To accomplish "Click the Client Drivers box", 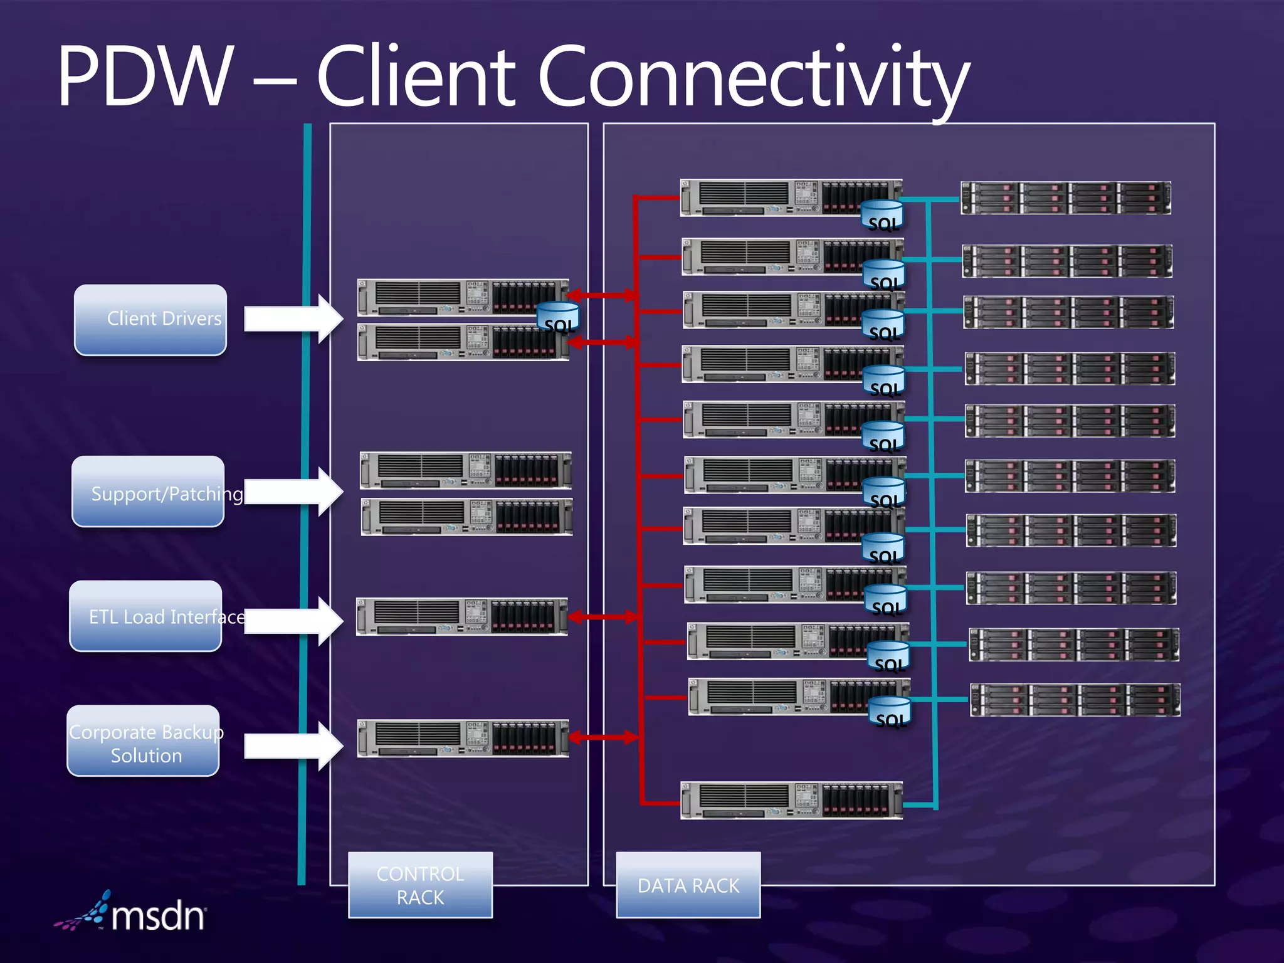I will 150,320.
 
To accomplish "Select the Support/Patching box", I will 149,492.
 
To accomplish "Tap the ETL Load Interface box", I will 146,616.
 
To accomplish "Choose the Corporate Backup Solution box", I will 144,741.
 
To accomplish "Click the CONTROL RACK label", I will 420,885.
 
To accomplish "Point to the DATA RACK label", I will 688,885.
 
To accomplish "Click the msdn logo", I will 132,913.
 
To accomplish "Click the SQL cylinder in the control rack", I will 558,317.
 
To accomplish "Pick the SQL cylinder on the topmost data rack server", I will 882,215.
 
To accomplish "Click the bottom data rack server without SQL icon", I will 791,800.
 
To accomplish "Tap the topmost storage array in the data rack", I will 1065,197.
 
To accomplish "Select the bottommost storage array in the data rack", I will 1075,700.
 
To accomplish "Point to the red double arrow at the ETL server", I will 602,617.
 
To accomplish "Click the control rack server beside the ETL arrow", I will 462,616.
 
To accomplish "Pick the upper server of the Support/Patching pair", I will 465,470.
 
